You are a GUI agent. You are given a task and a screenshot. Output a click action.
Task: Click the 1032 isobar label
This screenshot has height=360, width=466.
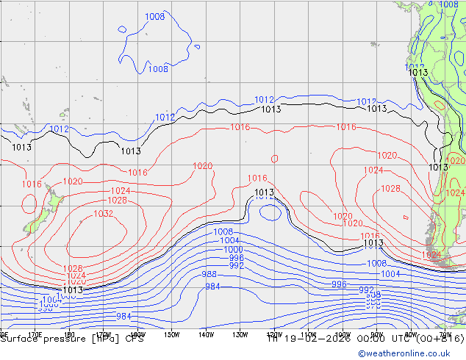coord(104,214)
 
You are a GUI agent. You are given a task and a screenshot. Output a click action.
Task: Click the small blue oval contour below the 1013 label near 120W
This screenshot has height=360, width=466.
coord(270,212)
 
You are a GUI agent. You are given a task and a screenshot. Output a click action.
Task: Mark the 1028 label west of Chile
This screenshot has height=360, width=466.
coord(390,189)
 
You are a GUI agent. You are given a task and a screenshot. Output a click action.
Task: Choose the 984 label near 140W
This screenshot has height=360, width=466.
coord(212,287)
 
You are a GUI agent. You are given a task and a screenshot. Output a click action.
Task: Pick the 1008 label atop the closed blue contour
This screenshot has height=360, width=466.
coord(154,17)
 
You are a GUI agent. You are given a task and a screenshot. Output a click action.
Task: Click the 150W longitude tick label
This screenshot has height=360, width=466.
coord(171,335)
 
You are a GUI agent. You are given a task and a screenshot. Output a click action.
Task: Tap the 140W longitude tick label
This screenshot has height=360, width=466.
coord(206,335)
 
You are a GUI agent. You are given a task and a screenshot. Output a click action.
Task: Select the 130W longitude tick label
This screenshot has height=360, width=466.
coord(240,335)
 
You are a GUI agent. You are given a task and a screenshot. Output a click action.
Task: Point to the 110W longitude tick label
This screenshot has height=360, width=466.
coord(309,335)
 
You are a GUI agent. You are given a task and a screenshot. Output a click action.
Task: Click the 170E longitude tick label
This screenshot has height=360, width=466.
coord(34,335)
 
